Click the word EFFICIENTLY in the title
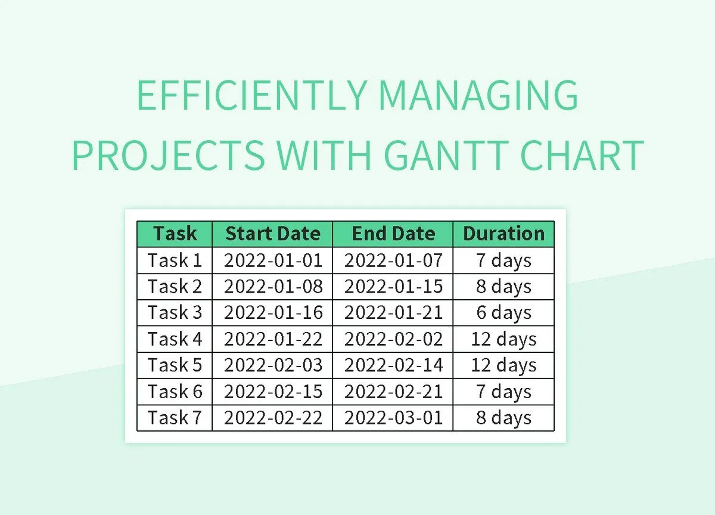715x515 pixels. point(251,95)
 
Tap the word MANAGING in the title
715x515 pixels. point(478,95)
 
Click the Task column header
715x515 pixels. point(175,234)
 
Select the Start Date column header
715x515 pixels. point(273,234)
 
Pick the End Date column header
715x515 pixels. point(393,234)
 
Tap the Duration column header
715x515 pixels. point(503,234)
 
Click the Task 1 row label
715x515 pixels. point(175,260)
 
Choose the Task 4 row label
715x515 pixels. point(175,339)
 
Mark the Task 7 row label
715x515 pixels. point(175,418)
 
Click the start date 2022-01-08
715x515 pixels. point(273,287)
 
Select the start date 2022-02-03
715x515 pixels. point(273,365)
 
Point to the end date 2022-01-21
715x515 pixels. point(393,313)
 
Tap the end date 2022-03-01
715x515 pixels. point(393,418)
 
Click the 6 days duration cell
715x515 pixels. point(503,313)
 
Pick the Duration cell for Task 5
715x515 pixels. point(503,365)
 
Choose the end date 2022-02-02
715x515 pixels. point(393,339)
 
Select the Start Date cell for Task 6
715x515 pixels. point(273,392)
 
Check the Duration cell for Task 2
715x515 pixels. point(503,287)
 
